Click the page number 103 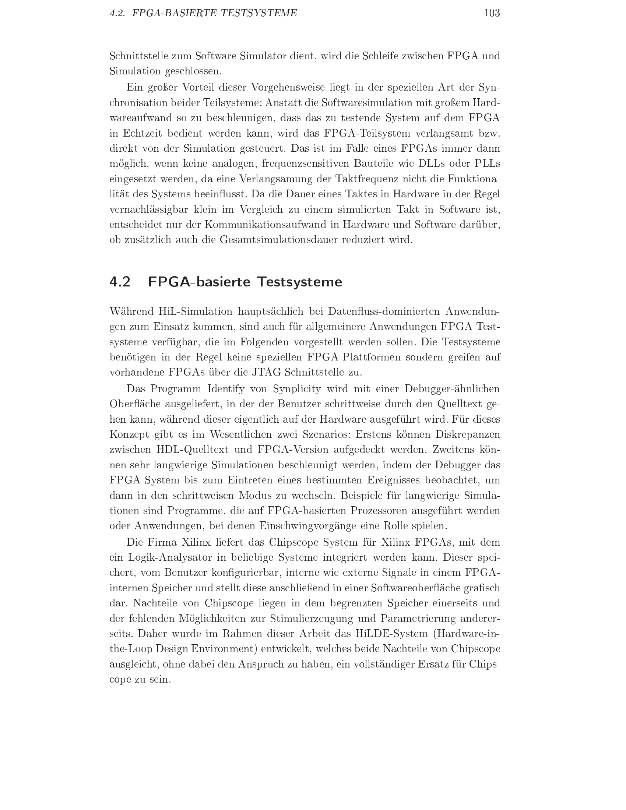[x=492, y=13]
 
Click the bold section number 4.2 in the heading [x=120, y=282]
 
